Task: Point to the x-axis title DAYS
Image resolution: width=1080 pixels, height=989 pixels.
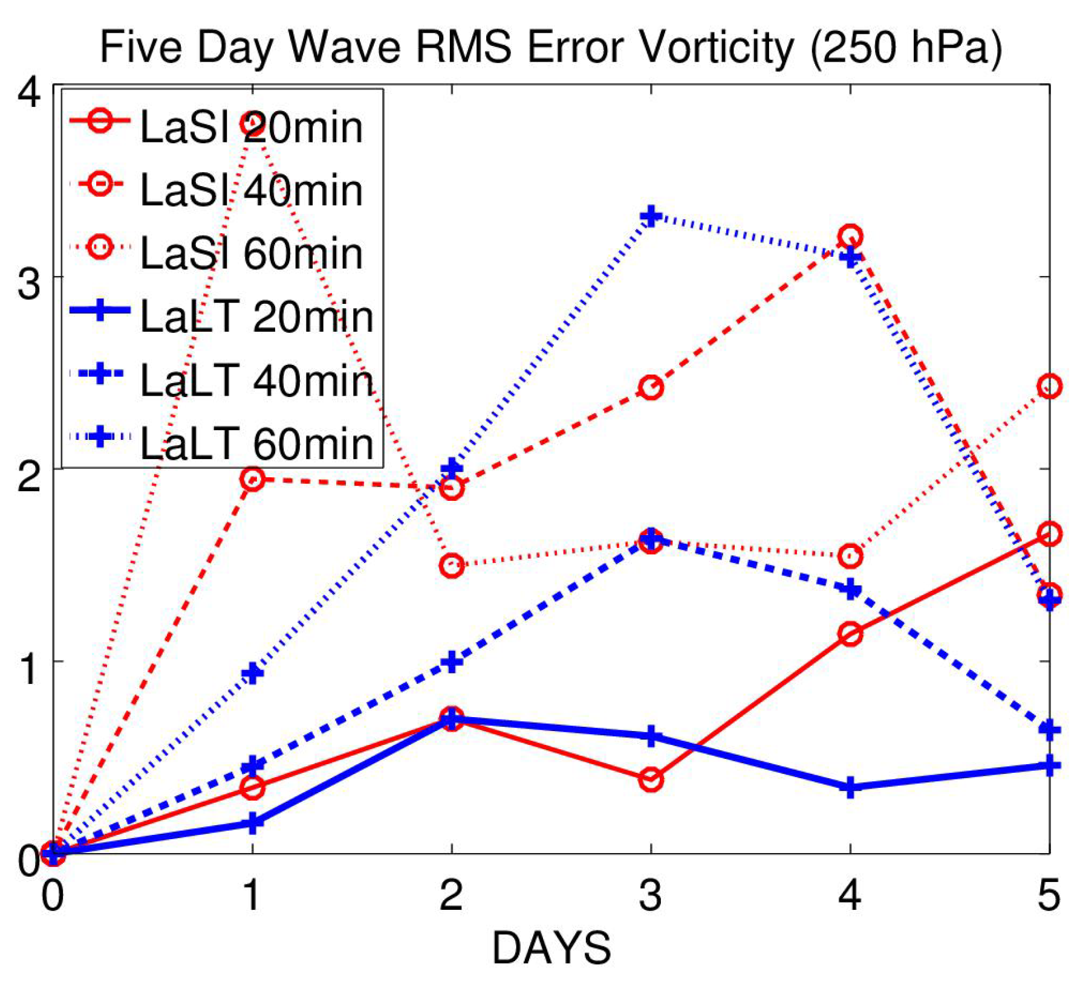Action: click(x=551, y=948)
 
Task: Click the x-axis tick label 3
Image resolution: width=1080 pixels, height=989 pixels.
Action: click(x=651, y=895)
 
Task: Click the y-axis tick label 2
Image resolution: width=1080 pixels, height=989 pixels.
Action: click(x=29, y=477)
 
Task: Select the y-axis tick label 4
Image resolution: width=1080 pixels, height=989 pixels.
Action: click(x=29, y=93)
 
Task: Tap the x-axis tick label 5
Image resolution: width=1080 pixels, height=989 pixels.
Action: click(x=1049, y=895)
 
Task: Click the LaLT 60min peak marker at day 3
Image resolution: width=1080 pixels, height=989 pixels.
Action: click(x=651, y=216)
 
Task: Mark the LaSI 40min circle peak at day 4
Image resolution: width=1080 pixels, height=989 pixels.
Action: click(x=850, y=236)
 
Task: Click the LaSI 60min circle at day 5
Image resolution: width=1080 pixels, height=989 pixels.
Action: click(x=1049, y=386)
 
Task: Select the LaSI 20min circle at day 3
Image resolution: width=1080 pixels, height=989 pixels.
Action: click(x=651, y=780)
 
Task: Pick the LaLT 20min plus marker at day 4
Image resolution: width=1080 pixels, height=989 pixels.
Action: click(x=850, y=787)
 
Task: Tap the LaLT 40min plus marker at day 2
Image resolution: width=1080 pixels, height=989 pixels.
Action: click(x=452, y=662)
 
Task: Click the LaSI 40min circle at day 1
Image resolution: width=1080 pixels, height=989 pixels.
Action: click(x=252, y=480)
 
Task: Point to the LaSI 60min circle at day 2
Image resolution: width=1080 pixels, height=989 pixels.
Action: click(x=452, y=566)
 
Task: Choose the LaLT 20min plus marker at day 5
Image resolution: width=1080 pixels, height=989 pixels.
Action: click(x=1049, y=765)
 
